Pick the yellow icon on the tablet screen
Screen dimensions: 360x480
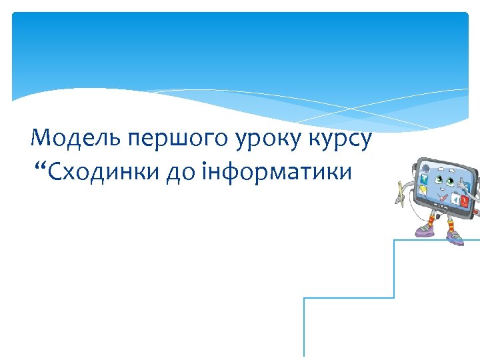coord(422,191)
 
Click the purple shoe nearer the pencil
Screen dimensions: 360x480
coord(424,231)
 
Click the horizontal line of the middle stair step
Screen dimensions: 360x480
coord(349,298)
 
